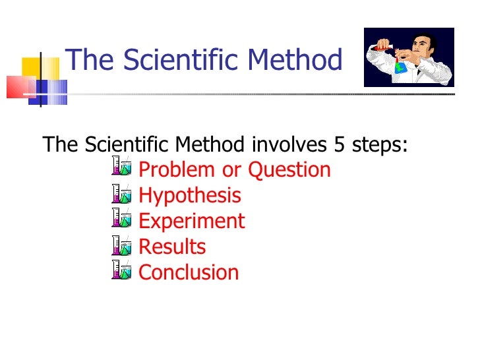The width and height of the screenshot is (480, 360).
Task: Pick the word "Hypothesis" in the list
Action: [190, 196]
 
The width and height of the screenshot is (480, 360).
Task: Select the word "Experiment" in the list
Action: [192, 222]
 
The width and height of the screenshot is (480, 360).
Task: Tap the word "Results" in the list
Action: [172, 247]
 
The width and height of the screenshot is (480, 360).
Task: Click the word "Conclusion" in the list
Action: [189, 272]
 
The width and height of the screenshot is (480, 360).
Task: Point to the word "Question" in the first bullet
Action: [289, 170]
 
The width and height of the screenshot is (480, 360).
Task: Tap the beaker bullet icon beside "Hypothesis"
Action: [121, 194]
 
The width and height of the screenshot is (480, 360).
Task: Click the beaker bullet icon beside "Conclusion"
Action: [121, 270]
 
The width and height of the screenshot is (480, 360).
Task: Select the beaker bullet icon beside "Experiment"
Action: [121, 219]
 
